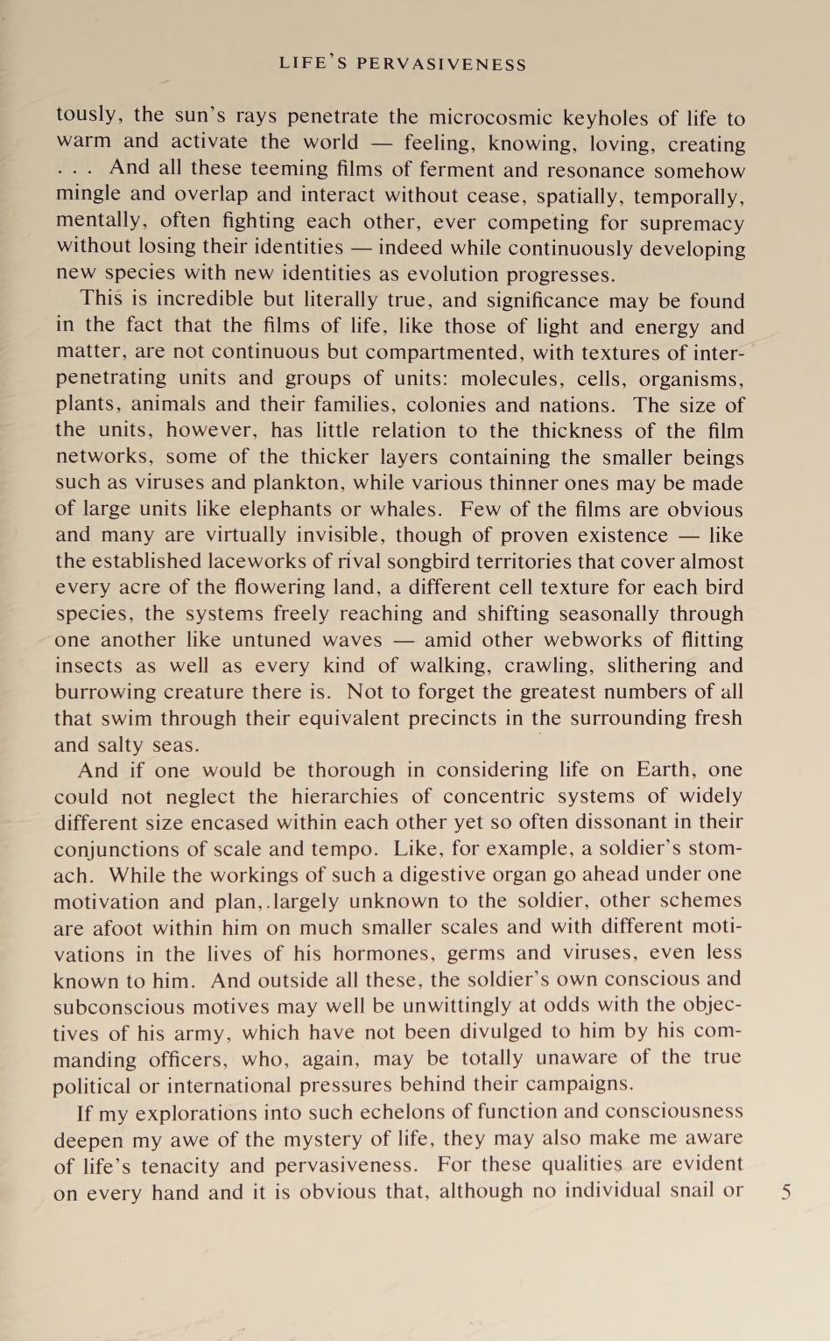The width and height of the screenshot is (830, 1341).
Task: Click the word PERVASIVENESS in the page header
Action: tap(441, 65)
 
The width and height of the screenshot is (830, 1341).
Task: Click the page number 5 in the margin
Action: tap(786, 1191)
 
